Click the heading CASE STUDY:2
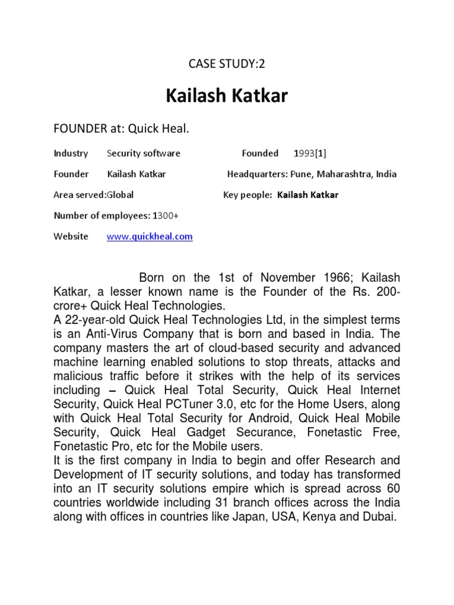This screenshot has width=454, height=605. pos(227,64)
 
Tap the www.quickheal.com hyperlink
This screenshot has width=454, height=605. pos(150,236)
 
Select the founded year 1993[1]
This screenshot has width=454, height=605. pos(310,153)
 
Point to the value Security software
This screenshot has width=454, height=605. pos(144,153)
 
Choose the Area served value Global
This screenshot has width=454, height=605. pos(120,195)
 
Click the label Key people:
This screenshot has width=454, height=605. pos(248,195)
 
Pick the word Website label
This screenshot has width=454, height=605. pos(71,236)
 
